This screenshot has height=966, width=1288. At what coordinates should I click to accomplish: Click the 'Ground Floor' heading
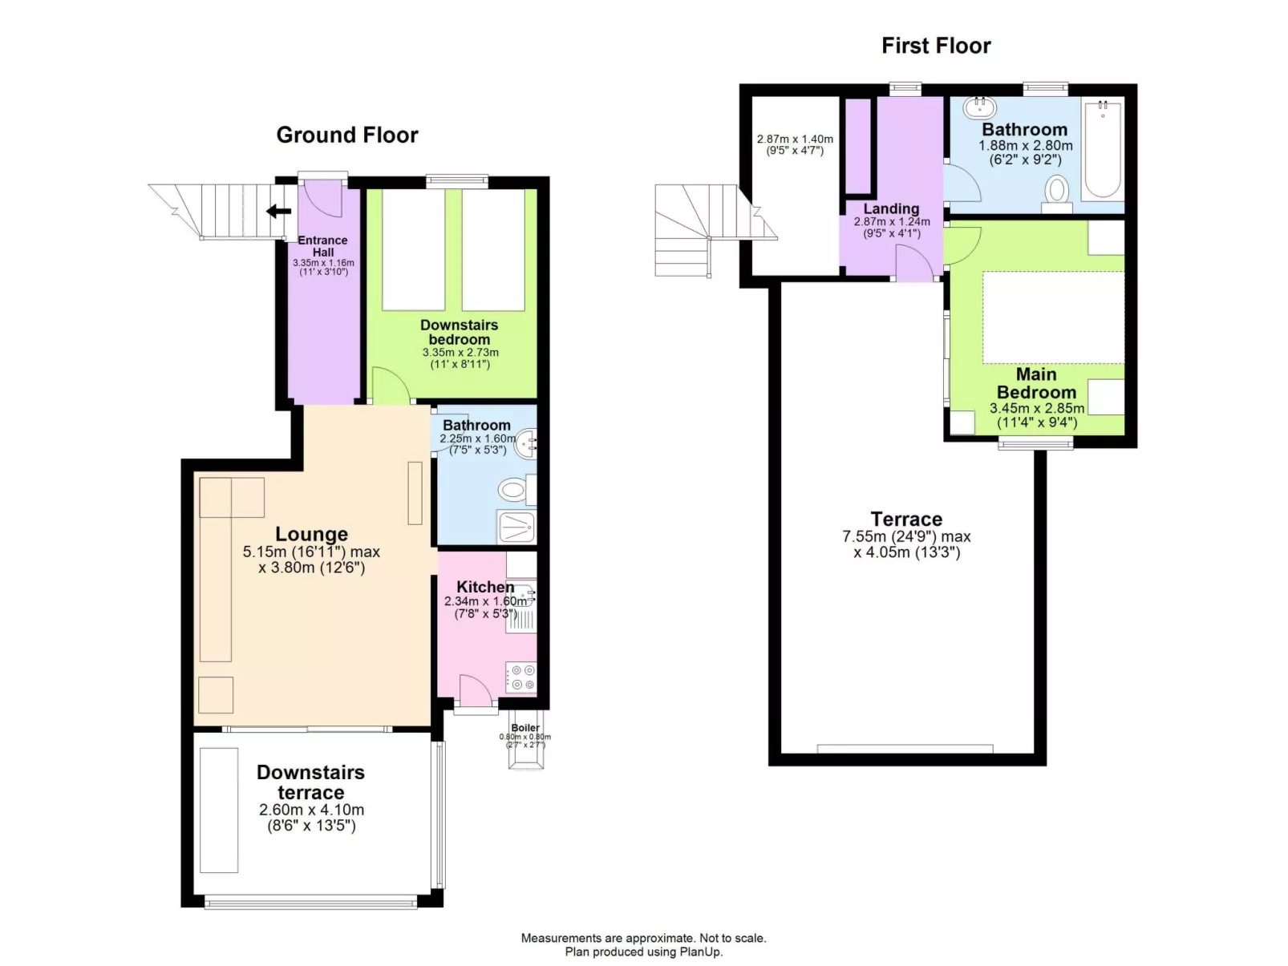(x=347, y=135)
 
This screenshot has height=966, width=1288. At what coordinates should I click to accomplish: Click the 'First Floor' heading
(x=936, y=46)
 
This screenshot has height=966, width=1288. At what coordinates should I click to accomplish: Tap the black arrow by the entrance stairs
(x=278, y=212)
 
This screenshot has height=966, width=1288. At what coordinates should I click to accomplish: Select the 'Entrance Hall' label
(x=323, y=246)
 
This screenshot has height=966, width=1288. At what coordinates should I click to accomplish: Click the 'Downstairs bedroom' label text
(x=459, y=332)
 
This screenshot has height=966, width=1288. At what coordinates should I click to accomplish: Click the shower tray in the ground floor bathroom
(x=516, y=527)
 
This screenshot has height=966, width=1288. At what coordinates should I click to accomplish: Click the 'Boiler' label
(x=525, y=728)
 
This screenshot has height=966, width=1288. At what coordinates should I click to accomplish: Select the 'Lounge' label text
(x=311, y=534)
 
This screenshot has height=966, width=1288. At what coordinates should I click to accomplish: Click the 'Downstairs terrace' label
(x=310, y=782)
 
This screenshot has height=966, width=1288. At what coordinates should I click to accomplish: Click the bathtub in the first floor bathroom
(x=1102, y=150)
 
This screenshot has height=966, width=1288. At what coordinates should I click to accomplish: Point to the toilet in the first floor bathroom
(x=1057, y=193)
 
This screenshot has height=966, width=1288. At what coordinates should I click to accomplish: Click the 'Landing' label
(x=891, y=208)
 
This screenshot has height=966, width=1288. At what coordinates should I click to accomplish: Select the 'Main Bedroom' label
(x=1036, y=383)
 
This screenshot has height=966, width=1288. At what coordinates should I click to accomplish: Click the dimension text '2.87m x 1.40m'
(x=795, y=139)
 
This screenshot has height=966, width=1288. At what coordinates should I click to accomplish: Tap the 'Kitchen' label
(x=485, y=587)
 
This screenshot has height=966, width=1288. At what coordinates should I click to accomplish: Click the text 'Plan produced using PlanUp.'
(x=643, y=952)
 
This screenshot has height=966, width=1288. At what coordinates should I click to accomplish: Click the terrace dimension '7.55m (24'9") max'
(x=906, y=536)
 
